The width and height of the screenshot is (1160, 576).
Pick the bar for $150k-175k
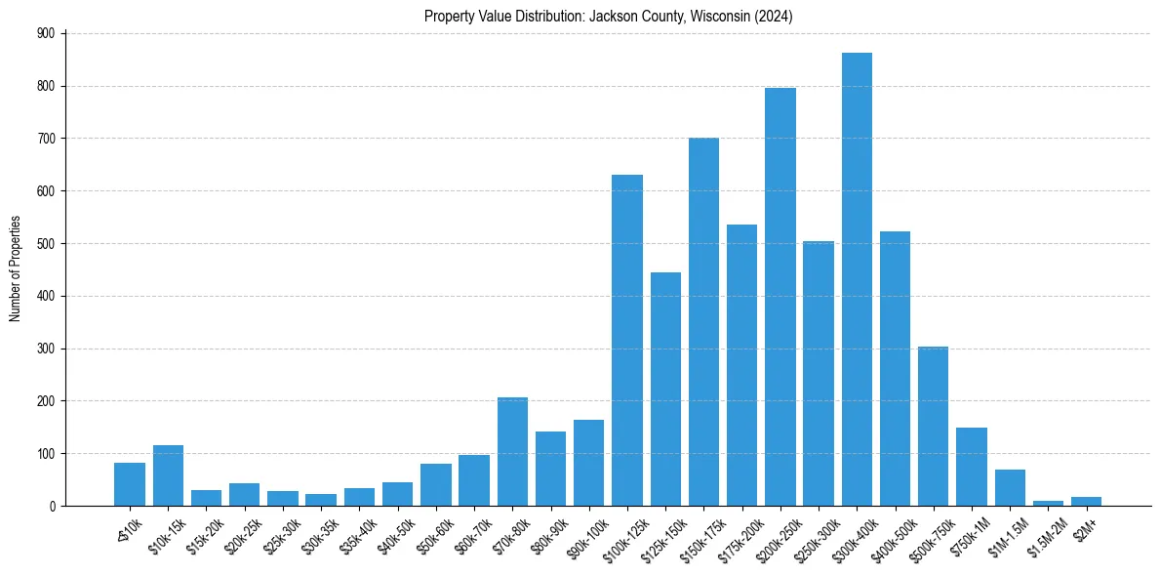703,322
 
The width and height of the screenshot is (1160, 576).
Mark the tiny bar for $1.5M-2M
1048,503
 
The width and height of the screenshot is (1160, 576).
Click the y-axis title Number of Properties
15,269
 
